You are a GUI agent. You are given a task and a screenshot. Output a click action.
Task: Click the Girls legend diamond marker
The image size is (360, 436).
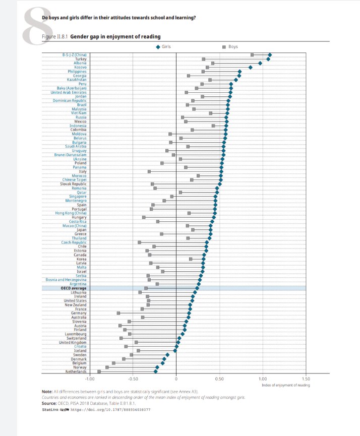[x=158, y=46]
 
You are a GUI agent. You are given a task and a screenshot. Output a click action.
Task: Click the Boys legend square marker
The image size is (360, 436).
[x=223, y=46]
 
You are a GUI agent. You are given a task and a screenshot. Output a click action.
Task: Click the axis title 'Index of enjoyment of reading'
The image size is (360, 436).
[x=285, y=385]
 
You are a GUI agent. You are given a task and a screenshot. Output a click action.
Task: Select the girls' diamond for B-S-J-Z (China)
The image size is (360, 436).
[x=270, y=54]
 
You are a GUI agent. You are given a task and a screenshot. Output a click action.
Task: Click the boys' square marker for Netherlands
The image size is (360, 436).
[x=99, y=371]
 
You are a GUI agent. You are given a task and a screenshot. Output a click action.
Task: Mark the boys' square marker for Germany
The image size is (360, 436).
[x=118, y=313]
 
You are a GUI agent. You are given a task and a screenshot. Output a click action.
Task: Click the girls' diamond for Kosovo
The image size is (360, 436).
[x=250, y=67]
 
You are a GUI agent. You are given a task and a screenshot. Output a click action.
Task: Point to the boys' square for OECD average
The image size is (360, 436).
[x=146, y=288]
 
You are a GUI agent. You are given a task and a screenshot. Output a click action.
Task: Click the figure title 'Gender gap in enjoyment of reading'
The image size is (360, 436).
[x=115, y=36]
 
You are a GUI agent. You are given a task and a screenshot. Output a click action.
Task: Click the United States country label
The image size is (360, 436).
[x=75, y=301]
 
